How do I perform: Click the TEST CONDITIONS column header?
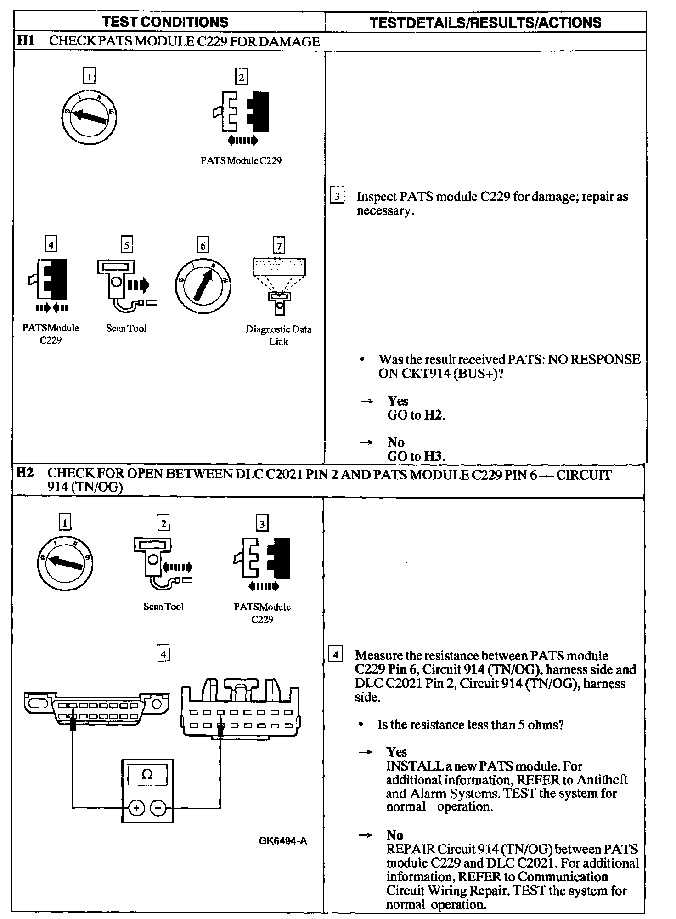coord(165,22)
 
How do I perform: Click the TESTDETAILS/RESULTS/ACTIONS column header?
coord(485,23)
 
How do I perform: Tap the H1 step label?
coord(25,41)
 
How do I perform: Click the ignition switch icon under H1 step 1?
coord(89,114)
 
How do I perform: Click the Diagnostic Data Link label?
coord(278,335)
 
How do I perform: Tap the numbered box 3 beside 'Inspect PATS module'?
coord(337,196)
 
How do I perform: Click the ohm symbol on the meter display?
coord(147,775)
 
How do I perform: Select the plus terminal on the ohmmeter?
coord(136,807)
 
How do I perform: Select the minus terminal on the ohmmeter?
coord(158,807)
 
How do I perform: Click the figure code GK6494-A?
coord(283,841)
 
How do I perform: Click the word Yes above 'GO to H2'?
coord(398,401)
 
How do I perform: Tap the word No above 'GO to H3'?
coord(395,442)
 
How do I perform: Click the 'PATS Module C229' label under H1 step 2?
coord(241,161)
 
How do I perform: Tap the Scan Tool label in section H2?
coord(163,606)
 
